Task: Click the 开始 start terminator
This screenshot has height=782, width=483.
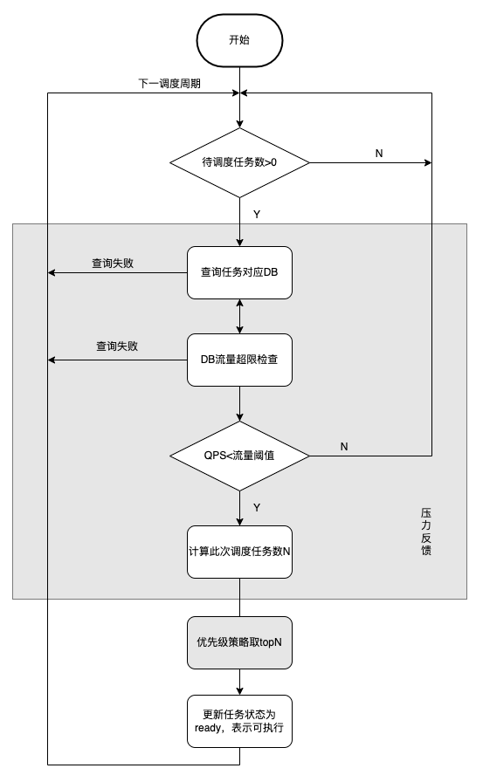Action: pos(239,40)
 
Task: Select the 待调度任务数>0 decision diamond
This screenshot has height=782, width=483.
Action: pos(239,162)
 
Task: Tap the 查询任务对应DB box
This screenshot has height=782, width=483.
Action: pos(239,273)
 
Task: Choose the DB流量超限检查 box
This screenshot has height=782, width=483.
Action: pos(239,360)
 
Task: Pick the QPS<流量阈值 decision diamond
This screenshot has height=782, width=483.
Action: pos(239,456)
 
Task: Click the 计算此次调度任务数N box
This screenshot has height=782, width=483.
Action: pos(239,552)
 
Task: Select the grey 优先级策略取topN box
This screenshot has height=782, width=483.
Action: pos(239,642)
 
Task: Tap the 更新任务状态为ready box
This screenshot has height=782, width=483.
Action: pos(239,721)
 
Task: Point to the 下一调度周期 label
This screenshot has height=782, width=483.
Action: pos(169,83)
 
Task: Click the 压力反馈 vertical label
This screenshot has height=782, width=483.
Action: pos(426,532)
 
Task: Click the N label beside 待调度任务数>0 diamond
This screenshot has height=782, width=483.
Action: pos(379,153)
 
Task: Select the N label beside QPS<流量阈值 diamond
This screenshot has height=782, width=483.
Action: pos(344,446)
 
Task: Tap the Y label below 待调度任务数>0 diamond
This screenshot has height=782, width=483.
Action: pos(257,215)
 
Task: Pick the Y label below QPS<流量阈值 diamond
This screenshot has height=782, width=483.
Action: pos(257,508)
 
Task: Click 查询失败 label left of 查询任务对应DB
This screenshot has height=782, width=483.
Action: pos(113,263)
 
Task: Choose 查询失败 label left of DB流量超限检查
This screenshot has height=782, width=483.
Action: pos(117,346)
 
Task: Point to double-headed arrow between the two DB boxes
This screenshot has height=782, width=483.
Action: pos(240,316)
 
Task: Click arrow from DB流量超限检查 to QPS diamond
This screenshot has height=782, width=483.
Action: pos(240,404)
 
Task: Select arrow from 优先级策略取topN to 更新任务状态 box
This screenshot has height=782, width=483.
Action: pos(240,682)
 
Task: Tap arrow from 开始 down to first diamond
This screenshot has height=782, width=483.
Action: pos(240,97)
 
